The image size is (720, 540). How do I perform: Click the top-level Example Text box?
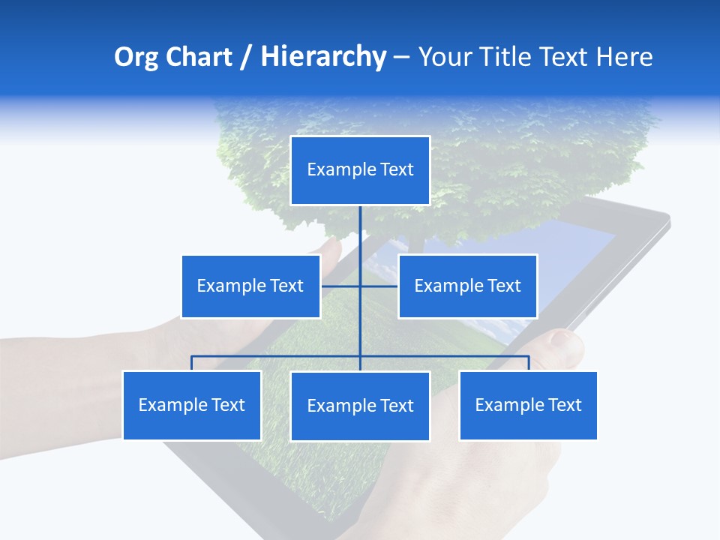pos(360,170)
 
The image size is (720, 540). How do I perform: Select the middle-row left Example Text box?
pos(250,286)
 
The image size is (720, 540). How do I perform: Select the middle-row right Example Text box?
pos(467,286)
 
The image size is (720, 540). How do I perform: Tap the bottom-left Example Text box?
pos(192,405)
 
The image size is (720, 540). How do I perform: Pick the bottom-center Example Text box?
pos(360,406)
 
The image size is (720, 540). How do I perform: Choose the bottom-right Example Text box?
pos(528,405)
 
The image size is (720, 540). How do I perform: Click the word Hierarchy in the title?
pos(322,57)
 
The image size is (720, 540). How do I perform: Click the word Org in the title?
pos(137,57)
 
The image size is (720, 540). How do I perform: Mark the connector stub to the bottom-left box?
pos(192,363)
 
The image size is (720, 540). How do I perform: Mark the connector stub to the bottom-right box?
pos(529,363)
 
